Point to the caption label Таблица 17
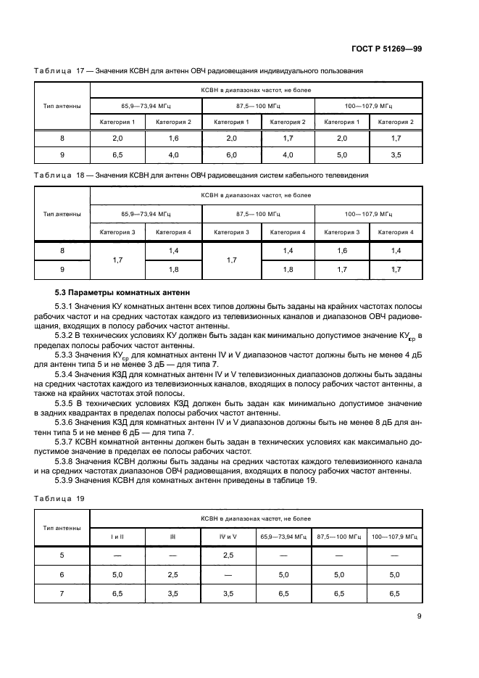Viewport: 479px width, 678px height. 55,70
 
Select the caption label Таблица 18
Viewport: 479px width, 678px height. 55,175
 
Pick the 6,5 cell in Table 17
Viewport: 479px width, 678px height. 117,154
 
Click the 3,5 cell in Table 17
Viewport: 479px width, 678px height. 396,154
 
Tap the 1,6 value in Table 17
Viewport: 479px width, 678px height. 174,137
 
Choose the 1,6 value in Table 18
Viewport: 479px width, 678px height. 342,250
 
